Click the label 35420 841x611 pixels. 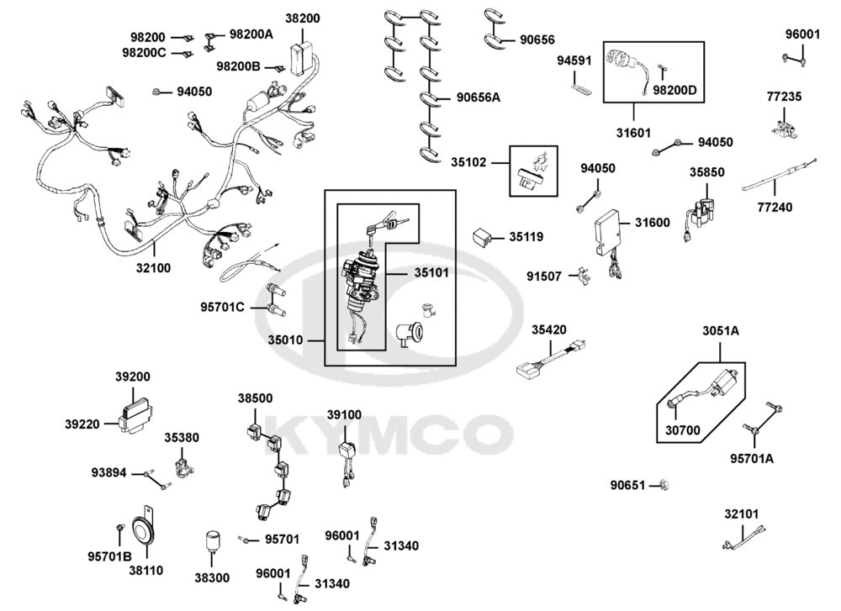547,330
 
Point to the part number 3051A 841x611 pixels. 721,332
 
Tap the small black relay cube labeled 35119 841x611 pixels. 484,237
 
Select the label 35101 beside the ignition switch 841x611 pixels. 432,273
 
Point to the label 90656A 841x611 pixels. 478,97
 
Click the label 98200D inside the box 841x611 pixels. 675,90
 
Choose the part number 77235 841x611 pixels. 784,97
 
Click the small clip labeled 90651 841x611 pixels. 664,485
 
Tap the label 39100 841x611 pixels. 344,415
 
